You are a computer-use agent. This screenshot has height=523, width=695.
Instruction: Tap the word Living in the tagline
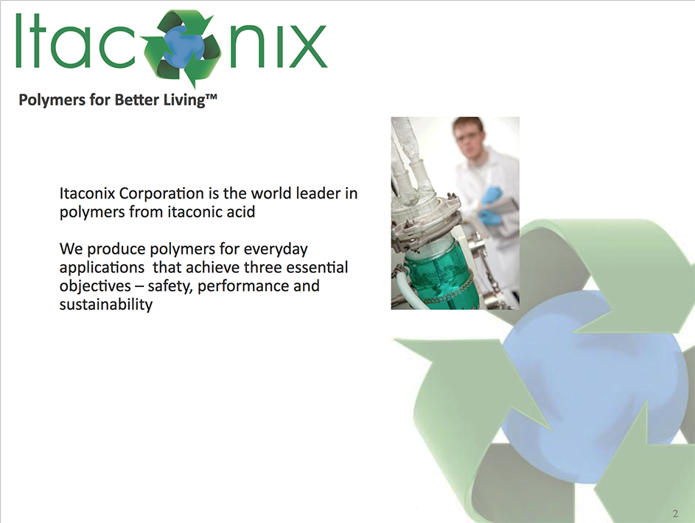point(184,100)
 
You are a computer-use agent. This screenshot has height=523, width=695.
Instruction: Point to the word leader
point(316,193)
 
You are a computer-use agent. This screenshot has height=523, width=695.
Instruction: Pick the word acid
point(241,212)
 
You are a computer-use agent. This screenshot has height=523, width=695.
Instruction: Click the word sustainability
point(106,305)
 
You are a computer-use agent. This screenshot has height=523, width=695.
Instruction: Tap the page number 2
point(675,513)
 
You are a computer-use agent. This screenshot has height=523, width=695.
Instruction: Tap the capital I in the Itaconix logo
point(18,41)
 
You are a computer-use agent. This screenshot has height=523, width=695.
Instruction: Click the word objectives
point(95,286)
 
